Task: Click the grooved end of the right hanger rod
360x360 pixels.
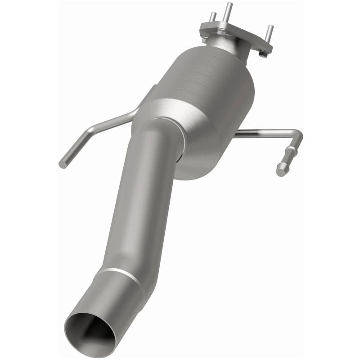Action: pos(283,168)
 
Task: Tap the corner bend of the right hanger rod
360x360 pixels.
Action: pos(297,135)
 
